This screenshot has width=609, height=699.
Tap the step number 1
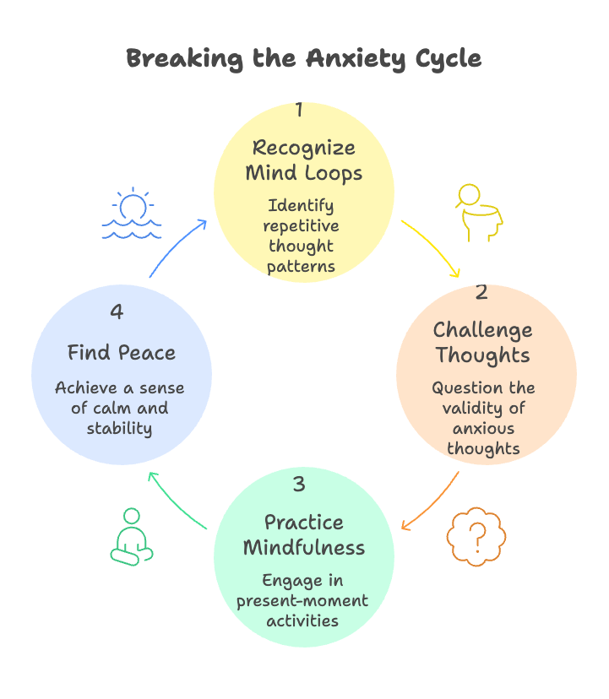(299, 109)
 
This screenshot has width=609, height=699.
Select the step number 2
(481, 292)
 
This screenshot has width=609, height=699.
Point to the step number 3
(299, 484)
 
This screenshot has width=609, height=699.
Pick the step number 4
(117, 312)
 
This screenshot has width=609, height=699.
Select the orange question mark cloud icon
(477, 534)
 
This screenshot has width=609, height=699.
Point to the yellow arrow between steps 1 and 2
(432, 247)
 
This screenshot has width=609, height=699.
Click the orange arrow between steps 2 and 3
(432, 503)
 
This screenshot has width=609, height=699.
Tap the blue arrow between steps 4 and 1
(177, 247)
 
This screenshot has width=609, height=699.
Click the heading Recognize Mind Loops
(304, 160)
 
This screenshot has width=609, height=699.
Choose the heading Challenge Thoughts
(483, 342)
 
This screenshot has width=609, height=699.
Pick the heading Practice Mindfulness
(304, 534)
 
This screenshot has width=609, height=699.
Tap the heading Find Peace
(122, 352)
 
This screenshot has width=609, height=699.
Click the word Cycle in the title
(443, 58)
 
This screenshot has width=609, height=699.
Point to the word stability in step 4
(119, 429)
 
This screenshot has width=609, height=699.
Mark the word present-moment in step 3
(303, 601)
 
